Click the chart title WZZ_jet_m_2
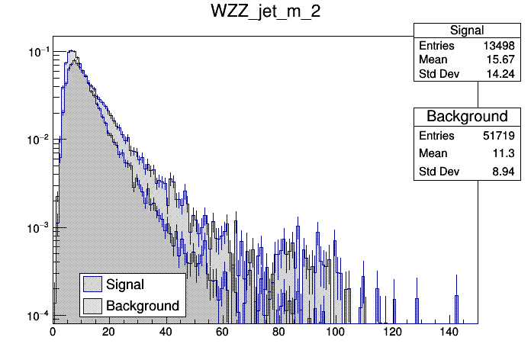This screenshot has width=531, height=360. pyautogui.click(x=265, y=13)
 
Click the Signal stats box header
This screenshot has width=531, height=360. pyautogui.click(x=467, y=31)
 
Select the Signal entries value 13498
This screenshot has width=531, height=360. pyautogui.click(x=500, y=46)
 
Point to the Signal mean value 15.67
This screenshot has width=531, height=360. pyautogui.click(x=504, y=60)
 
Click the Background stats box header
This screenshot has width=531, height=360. pyautogui.click(x=467, y=117)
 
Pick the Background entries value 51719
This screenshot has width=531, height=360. pyautogui.click(x=500, y=136)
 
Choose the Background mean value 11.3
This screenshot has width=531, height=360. pyautogui.click(x=507, y=154)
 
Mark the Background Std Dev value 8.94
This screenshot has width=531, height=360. pyautogui.click(x=505, y=172)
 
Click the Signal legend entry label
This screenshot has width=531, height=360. pyautogui.click(x=125, y=284)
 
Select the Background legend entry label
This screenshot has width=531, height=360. pyautogui.click(x=142, y=306)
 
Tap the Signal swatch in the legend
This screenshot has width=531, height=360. pyautogui.click(x=93, y=284)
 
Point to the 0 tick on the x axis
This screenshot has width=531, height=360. pyautogui.click(x=53, y=332)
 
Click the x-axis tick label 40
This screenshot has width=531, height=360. pyautogui.click(x=166, y=332)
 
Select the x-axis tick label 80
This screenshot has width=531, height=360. pyautogui.click(x=278, y=332)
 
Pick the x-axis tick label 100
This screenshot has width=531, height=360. pyautogui.click(x=336, y=332)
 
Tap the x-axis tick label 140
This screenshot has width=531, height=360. pyautogui.click(x=449, y=332)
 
